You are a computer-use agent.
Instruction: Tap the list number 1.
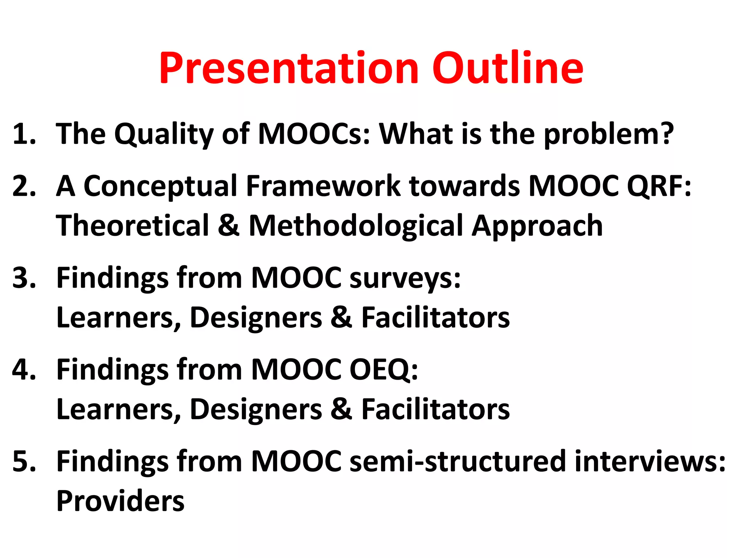23,134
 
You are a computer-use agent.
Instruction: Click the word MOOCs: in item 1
314,134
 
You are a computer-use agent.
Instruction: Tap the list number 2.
23,186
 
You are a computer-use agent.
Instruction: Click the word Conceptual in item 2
160,186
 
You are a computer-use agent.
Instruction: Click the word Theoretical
133,226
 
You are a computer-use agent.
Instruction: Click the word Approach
537,226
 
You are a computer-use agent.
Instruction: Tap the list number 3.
23,278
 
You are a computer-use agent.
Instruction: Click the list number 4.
23,369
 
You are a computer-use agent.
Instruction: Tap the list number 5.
23,461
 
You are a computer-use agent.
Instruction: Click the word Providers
120,501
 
